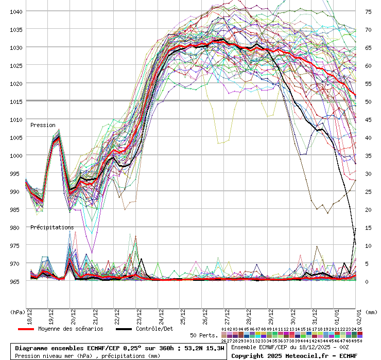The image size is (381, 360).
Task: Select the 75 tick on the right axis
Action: tap(368, 11)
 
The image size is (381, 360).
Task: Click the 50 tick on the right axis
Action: tap(368, 101)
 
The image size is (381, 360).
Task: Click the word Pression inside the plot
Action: tap(43, 125)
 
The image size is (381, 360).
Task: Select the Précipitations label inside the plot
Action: tap(51, 227)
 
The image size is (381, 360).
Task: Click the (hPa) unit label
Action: tap(18, 312)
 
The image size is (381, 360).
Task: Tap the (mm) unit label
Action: tap(372, 312)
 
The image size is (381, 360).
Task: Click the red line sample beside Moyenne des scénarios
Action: tap(33, 329)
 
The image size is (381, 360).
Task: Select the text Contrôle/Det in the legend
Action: tap(154, 329)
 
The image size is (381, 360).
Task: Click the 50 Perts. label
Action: tap(204, 335)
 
